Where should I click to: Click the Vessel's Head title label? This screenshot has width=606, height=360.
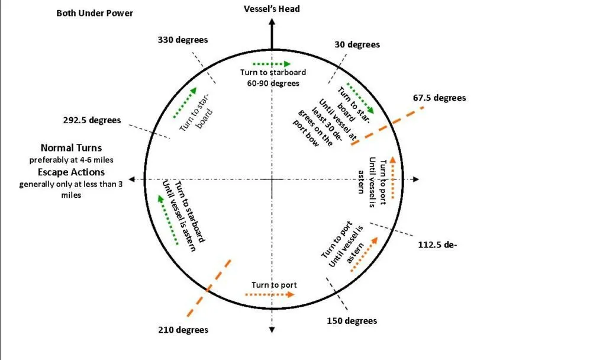pyautogui.click(x=272, y=9)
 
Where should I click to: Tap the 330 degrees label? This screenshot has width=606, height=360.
pyautogui.click(x=183, y=40)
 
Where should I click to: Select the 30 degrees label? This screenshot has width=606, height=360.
pyautogui.click(x=357, y=44)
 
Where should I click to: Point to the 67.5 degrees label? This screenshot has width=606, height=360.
pyautogui.click(x=441, y=98)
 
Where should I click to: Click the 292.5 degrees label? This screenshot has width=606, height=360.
pyautogui.click(x=92, y=120)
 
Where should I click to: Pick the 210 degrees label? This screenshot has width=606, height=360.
pyautogui.click(x=183, y=330)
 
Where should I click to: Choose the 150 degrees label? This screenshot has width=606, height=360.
pyautogui.click(x=352, y=321)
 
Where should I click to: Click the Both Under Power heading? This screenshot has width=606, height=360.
pyautogui.click(x=95, y=12)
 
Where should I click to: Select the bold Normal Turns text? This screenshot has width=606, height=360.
pyautogui.click(x=72, y=147)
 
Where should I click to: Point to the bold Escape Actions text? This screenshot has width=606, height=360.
pyautogui.click(x=73, y=172)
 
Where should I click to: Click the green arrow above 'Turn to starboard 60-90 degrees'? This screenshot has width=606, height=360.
pyautogui.click(x=272, y=63)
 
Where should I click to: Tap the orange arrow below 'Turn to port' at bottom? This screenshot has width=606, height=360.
pyautogui.click(x=270, y=294)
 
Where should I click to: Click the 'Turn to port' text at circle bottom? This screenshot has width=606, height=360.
pyautogui.click(x=274, y=285)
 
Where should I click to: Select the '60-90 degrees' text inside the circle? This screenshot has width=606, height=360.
pyautogui.click(x=273, y=83)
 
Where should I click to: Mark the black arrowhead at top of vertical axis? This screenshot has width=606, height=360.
pyautogui.click(x=272, y=22)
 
